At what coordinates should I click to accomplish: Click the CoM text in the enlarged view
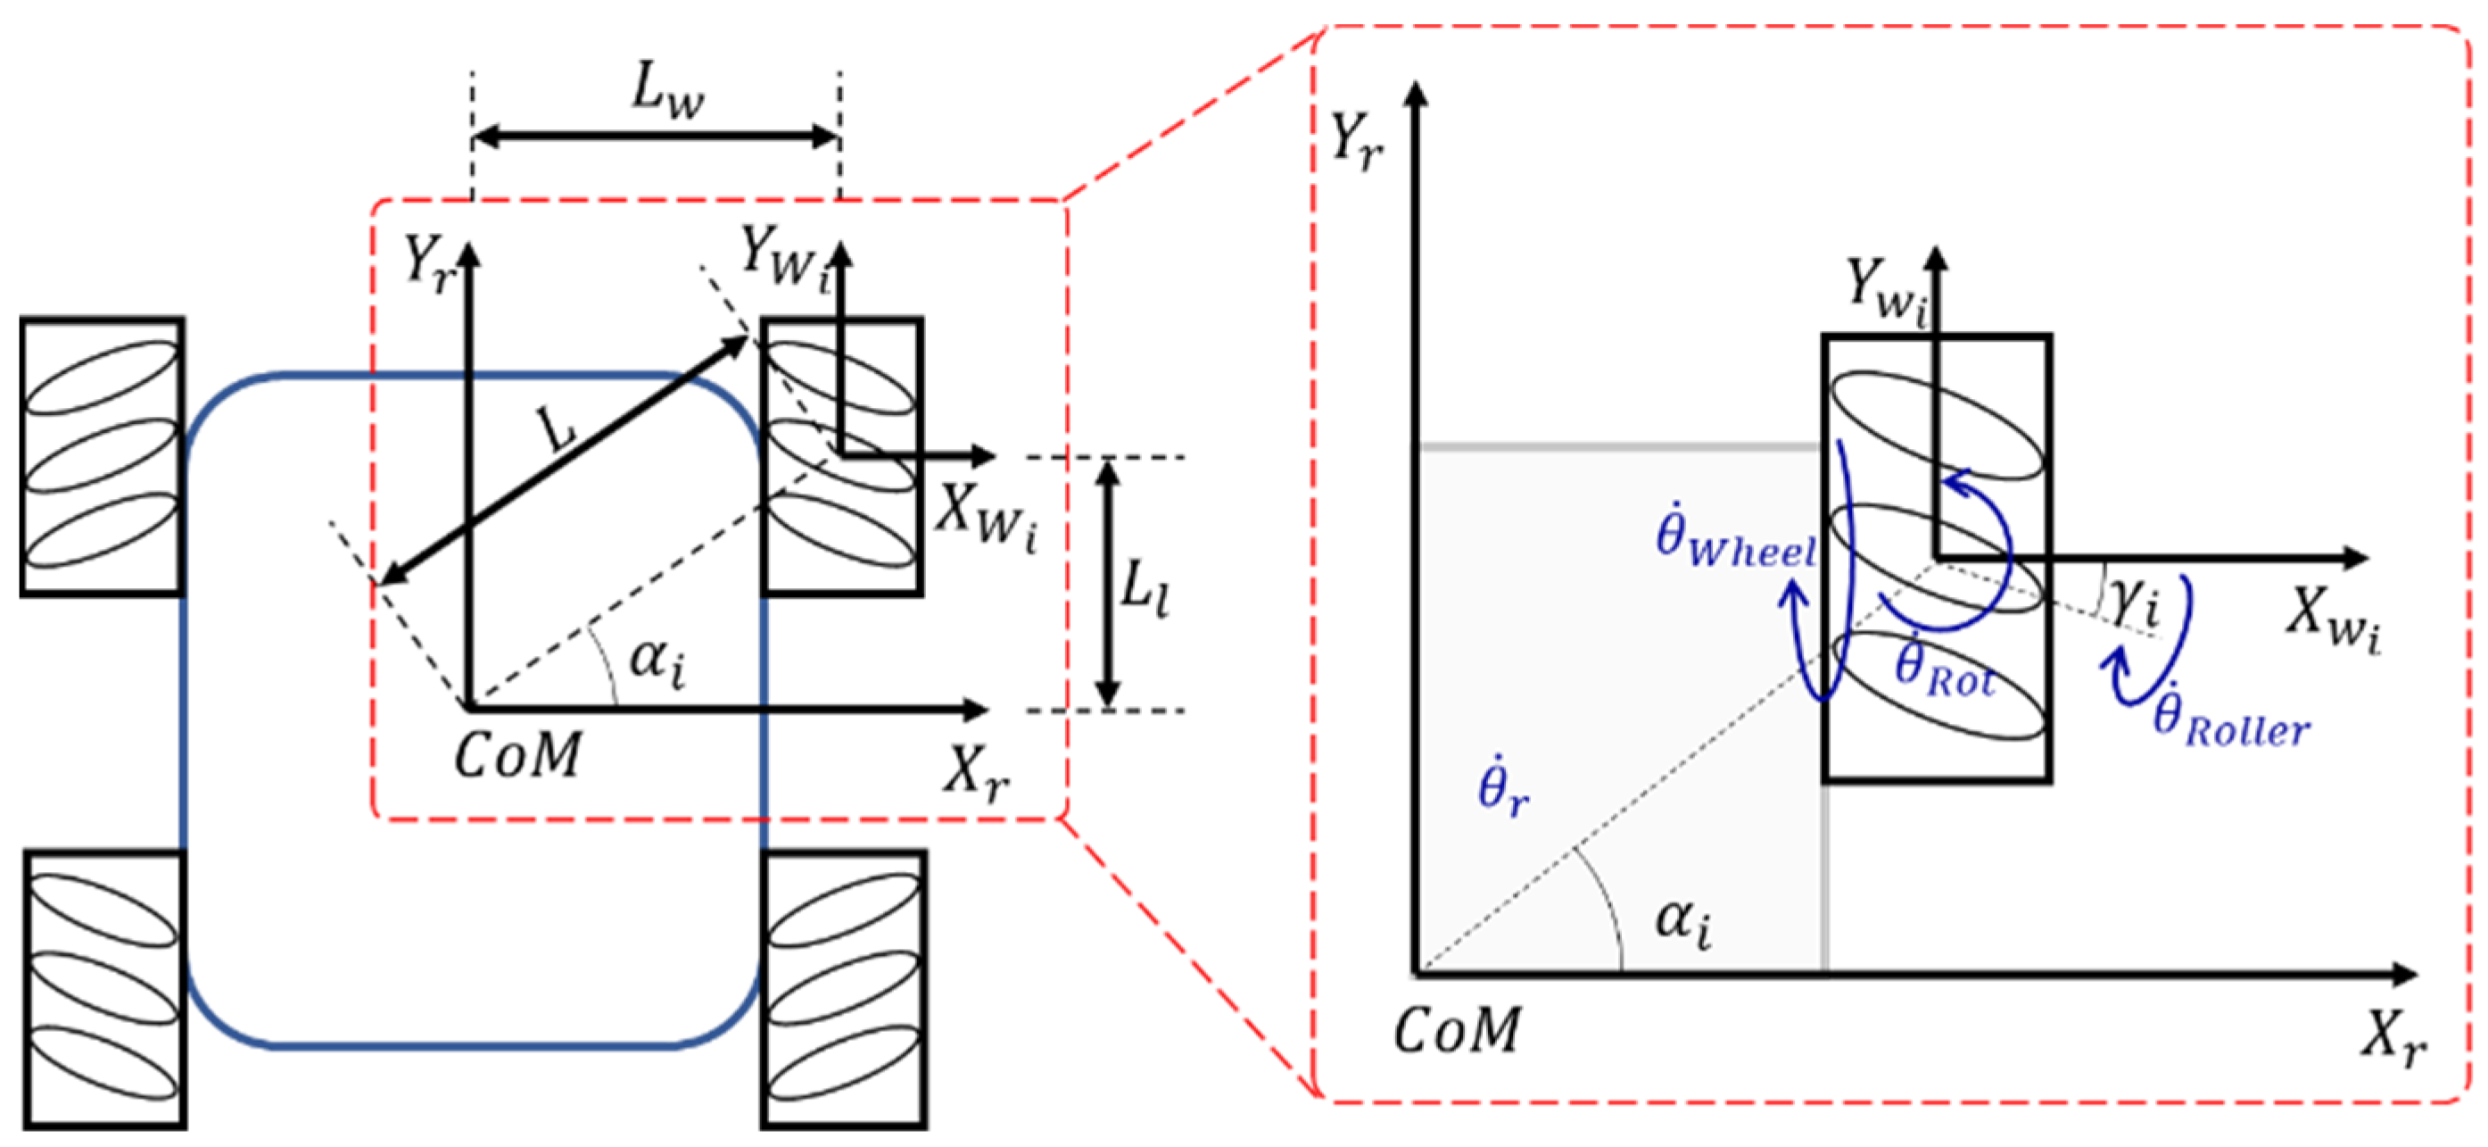(x=1457, y=1031)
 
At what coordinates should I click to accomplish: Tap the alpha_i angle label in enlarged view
(x=1683, y=921)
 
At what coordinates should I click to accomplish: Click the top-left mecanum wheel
(x=103, y=456)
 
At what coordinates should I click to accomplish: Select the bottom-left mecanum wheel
(x=104, y=990)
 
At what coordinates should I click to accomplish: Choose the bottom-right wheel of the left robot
(x=843, y=990)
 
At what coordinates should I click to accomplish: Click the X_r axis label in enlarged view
(x=2393, y=1041)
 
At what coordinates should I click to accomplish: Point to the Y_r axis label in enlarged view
(x=1356, y=142)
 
